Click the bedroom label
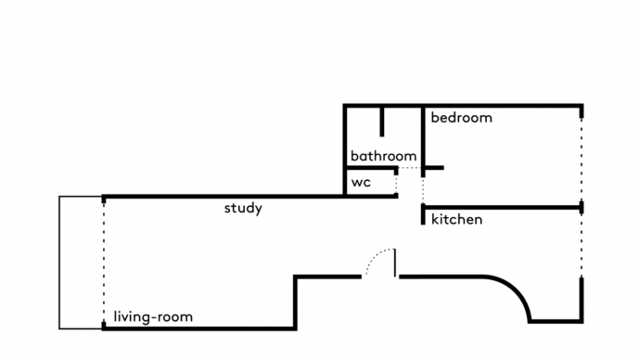[x=461, y=118]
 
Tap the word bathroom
[x=383, y=156]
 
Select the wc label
[x=361, y=182]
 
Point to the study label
[x=243, y=208]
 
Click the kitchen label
[x=456, y=219]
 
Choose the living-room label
[x=153, y=316]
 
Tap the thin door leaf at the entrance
[x=395, y=263]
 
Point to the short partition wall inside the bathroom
[x=381, y=122]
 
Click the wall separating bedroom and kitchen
[x=502, y=207]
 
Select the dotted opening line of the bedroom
[x=582, y=160]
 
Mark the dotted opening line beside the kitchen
[x=582, y=245]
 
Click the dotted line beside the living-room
[x=104, y=263]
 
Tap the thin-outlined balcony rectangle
[x=59, y=263]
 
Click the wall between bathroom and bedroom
[x=423, y=141]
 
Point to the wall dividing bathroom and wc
[x=371, y=168]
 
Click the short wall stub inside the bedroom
[x=434, y=168]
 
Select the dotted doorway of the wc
[x=396, y=184]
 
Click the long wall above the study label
[x=250, y=197]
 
